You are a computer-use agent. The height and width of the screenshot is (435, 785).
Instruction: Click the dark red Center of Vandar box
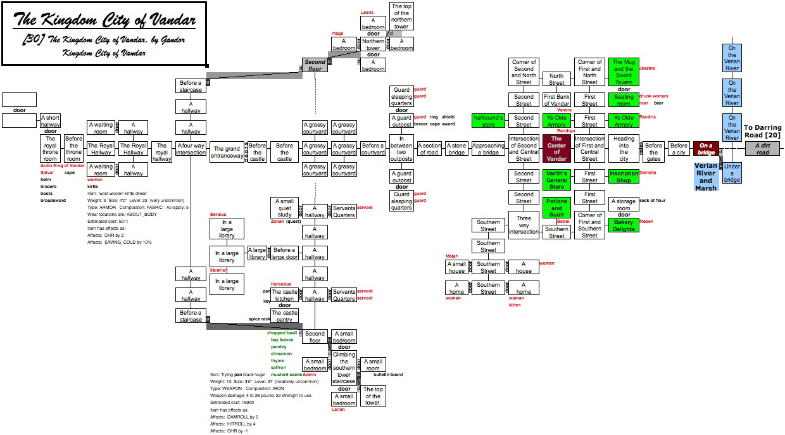[x=556, y=149]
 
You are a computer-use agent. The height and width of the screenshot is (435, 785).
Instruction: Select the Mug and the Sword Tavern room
[x=623, y=72]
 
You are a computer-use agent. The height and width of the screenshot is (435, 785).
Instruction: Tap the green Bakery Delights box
[x=624, y=225]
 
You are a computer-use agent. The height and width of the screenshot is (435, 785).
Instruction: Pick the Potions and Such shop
[x=556, y=208]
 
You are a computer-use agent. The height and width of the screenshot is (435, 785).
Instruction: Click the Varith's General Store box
[x=556, y=180]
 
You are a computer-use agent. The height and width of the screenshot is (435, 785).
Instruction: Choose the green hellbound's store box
[x=488, y=120]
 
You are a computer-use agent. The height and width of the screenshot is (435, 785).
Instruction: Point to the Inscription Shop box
[x=624, y=177]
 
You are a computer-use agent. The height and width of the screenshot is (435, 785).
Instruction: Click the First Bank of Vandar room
[x=556, y=100]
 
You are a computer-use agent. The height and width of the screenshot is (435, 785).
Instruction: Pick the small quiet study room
[x=284, y=208]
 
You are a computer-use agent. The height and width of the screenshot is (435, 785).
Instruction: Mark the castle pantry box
[x=284, y=316]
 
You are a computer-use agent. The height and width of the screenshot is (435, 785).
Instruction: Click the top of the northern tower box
[x=401, y=16]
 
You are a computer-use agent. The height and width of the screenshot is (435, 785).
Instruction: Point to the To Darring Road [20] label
[x=762, y=132]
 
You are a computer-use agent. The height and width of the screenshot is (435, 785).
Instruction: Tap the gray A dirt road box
[x=762, y=149]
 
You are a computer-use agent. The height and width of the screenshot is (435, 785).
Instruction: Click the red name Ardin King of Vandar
[x=62, y=165]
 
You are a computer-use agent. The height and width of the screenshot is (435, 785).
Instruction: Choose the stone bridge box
[x=456, y=149]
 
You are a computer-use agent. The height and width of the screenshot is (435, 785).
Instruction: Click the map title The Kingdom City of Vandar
[x=104, y=20]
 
